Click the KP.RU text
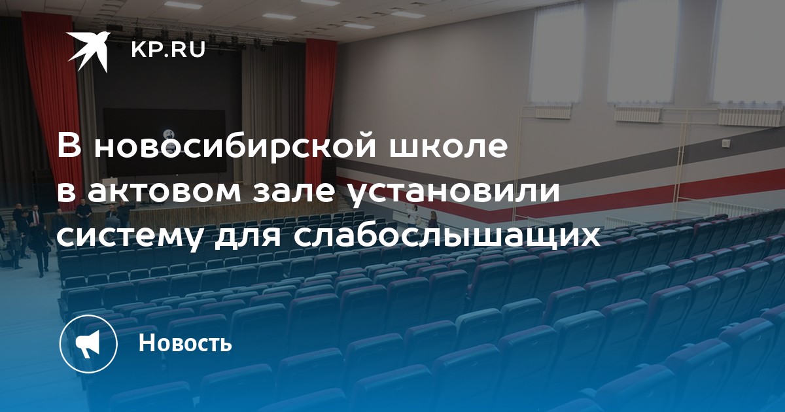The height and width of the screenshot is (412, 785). pyautogui.click(x=168, y=50)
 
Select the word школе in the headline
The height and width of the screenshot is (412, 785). pyautogui.click(x=448, y=146)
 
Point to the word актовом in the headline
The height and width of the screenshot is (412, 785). pyautogui.click(x=164, y=192)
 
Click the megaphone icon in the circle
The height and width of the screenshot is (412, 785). pyautogui.click(x=88, y=344)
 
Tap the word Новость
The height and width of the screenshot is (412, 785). pyautogui.click(x=185, y=342)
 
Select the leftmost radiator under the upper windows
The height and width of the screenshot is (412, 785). pyautogui.click(x=554, y=112)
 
